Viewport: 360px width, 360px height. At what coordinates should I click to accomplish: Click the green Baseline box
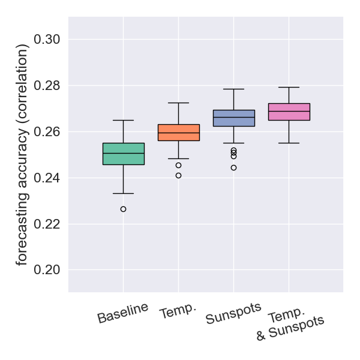click(x=124, y=154)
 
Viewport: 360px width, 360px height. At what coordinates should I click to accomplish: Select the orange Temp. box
click(x=179, y=133)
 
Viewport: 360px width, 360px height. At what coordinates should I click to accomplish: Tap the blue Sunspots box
click(x=234, y=118)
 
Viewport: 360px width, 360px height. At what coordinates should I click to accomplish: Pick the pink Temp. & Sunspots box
click(x=289, y=112)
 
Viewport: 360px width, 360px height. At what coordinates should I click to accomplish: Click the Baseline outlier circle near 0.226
click(x=124, y=209)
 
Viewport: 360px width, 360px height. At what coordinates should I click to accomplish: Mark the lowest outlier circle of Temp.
click(x=179, y=176)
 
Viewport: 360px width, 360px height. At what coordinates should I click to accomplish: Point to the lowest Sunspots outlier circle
click(x=234, y=167)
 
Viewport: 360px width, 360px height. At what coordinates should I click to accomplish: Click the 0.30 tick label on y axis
click(x=47, y=40)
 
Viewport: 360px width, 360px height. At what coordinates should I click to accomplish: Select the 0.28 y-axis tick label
click(x=47, y=86)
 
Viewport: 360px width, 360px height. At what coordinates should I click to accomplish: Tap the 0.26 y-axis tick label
click(x=47, y=132)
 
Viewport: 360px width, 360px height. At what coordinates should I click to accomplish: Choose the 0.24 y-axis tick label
click(x=47, y=178)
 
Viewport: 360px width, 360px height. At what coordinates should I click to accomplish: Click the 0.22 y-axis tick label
click(x=47, y=224)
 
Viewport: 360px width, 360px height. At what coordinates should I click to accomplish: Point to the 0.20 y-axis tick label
click(x=47, y=270)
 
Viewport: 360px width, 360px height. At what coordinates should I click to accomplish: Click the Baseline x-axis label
click(x=123, y=313)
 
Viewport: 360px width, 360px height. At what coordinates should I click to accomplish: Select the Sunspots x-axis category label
click(x=234, y=314)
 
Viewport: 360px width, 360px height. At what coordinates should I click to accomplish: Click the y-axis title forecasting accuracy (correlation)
click(x=22, y=154)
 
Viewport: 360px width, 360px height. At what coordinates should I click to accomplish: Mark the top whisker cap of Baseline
click(x=124, y=120)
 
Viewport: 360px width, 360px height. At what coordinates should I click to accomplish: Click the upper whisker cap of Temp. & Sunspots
click(x=289, y=88)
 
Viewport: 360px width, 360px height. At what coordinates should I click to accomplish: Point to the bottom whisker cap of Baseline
click(x=124, y=193)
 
